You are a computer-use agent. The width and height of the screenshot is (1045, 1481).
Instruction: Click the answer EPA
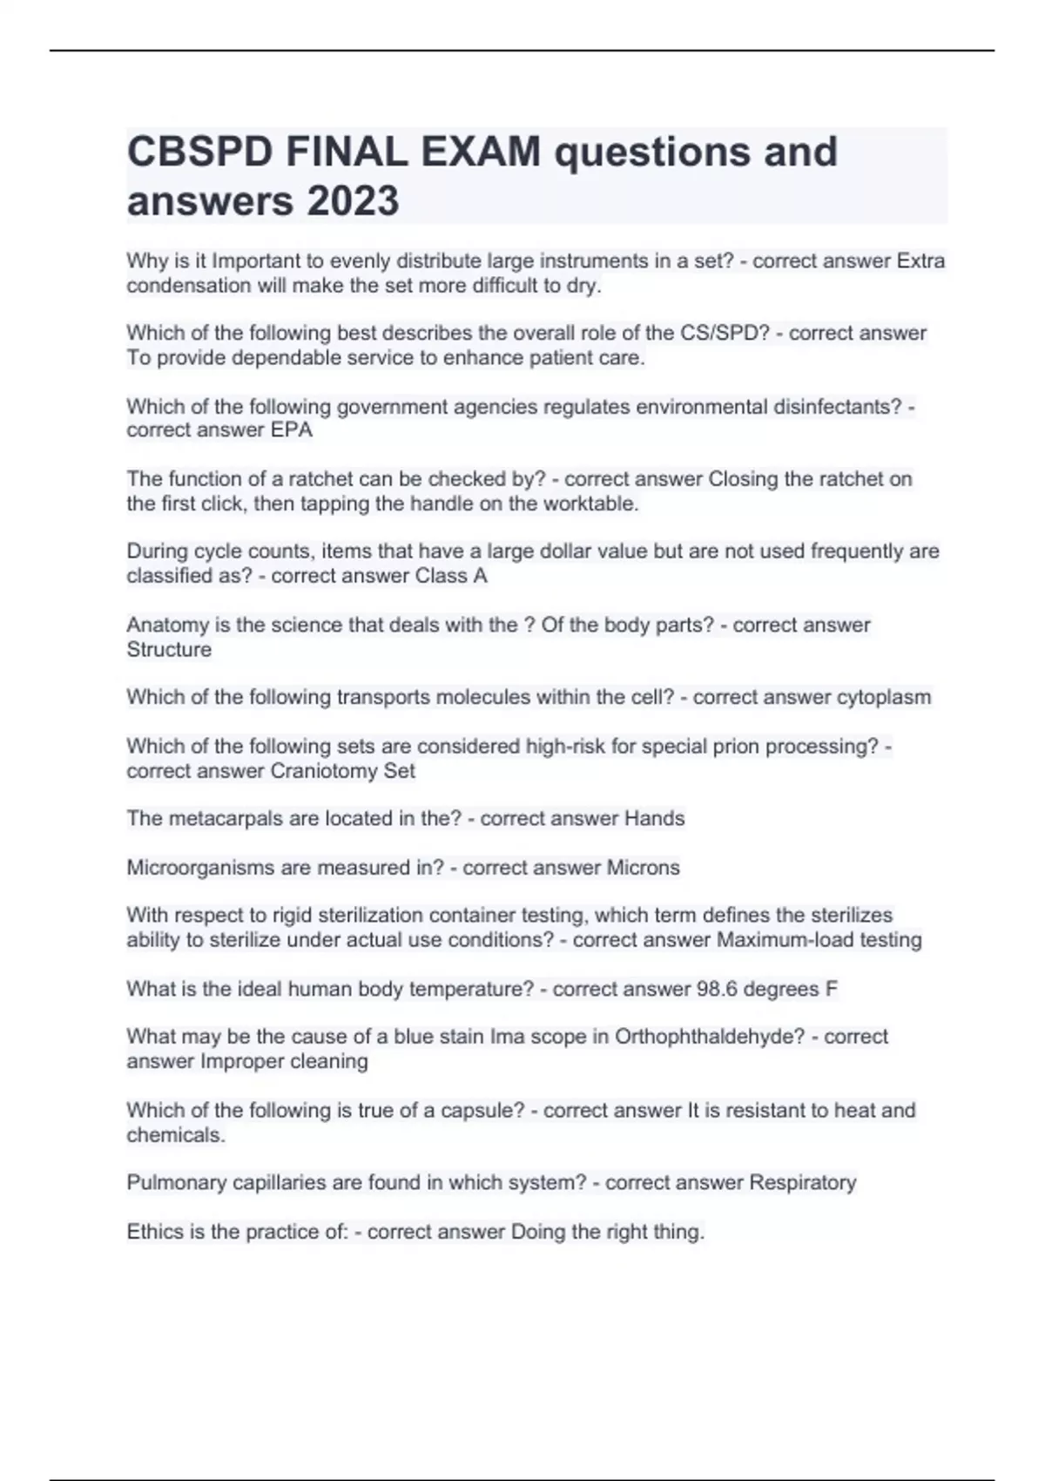click(x=292, y=430)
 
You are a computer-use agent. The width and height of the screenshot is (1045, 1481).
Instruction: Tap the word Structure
click(x=169, y=650)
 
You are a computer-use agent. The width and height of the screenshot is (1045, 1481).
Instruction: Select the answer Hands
click(x=655, y=819)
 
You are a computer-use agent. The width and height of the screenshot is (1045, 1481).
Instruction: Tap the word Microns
click(x=643, y=868)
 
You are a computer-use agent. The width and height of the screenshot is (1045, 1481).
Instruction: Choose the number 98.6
click(x=718, y=989)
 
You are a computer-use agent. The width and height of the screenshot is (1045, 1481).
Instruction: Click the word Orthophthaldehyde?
click(x=710, y=1037)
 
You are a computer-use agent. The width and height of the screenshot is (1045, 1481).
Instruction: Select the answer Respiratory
click(x=803, y=1183)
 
